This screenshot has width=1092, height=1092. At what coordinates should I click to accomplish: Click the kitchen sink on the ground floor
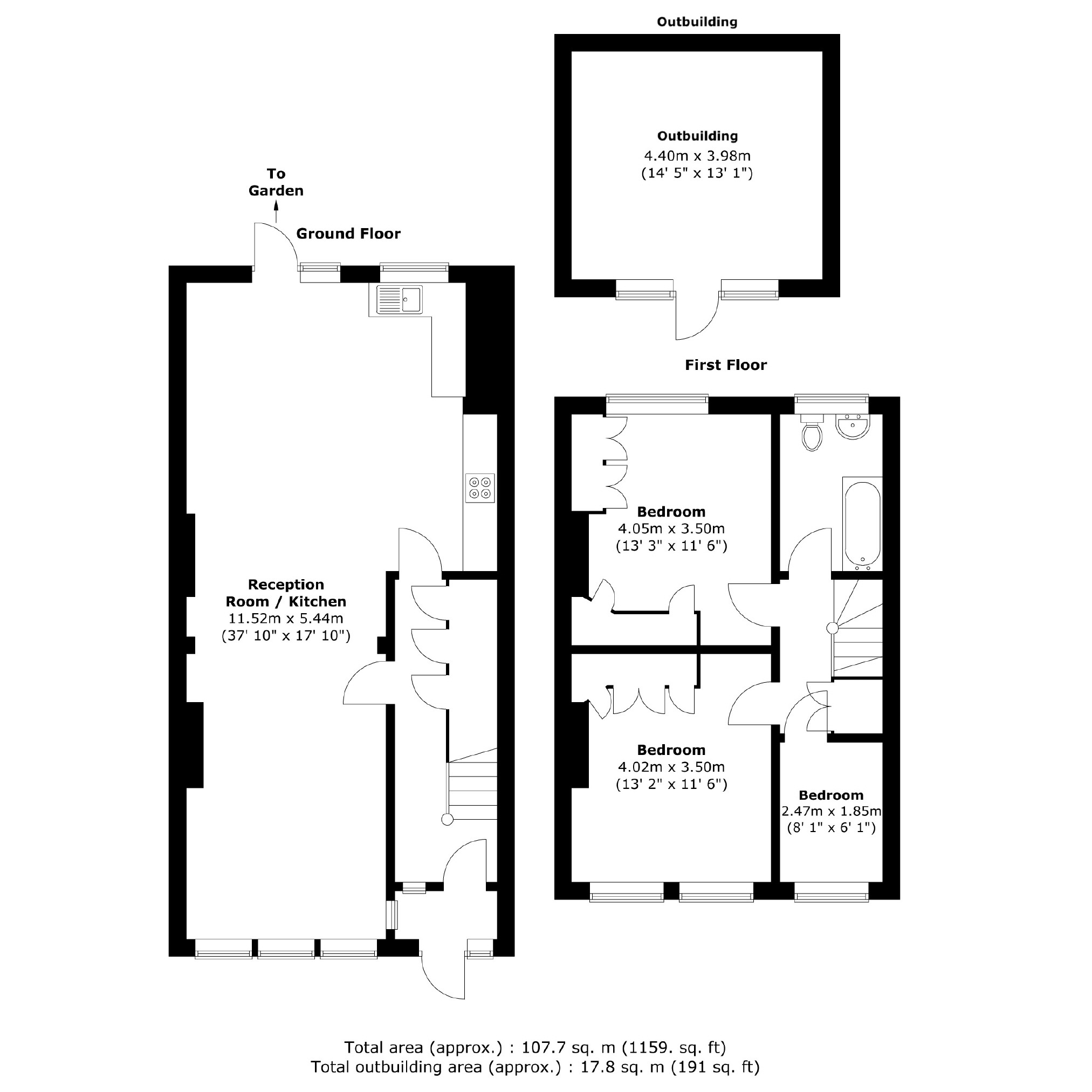coord(400,300)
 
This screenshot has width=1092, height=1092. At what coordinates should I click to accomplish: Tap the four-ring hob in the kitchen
coord(480,489)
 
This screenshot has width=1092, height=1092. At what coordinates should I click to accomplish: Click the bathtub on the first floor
coord(862,525)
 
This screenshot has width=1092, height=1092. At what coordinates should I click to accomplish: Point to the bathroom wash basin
coord(854,427)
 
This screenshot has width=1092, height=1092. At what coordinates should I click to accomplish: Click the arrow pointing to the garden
coord(277,214)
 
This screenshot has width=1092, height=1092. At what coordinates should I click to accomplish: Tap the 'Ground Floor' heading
coord(348,234)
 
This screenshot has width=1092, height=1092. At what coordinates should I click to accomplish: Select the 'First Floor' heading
coord(726,365)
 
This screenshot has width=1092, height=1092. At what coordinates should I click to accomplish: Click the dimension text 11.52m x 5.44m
coord(285,619)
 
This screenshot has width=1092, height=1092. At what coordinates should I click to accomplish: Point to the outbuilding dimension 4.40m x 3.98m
coord(697,155)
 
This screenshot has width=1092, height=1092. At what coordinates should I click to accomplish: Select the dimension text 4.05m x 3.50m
coord(671,529)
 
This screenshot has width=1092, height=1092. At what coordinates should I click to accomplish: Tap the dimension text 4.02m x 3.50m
coord(671,767)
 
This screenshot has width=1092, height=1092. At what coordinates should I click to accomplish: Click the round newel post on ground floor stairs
coord(447,820)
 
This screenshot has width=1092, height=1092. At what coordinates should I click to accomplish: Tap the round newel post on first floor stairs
coord(832,628)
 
